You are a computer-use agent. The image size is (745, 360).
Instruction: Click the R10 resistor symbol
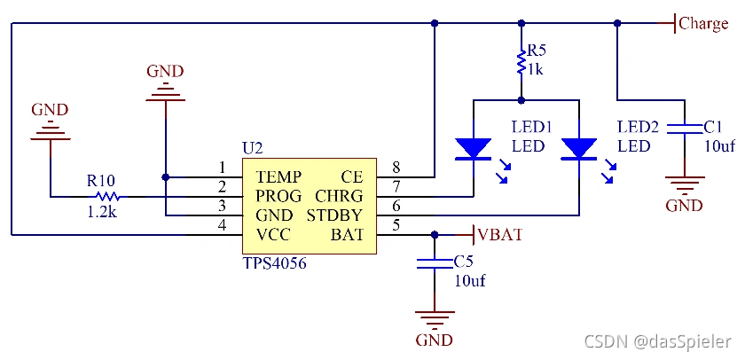tap(106, 196)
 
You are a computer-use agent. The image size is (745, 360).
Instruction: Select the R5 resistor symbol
tap(521, 62)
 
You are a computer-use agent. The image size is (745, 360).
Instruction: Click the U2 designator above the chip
tap(253, 147)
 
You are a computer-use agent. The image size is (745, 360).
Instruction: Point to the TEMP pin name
tap(278, 176)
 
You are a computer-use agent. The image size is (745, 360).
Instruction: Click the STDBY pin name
tap(335, 215)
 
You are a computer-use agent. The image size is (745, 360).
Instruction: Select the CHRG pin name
tap(339, 196)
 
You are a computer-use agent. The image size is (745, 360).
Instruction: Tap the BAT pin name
tap(347, 235)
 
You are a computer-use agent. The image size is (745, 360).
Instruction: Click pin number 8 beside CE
tap(396, 168)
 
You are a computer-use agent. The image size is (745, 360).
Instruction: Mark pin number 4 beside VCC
tap(223, 226)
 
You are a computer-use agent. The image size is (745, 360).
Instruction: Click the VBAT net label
tap(499, 235)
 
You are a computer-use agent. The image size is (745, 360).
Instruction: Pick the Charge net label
tap(703, 24)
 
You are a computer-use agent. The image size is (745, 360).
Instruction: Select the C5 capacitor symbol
tap(435, 263)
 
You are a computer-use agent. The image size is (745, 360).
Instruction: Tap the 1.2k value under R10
tap(104, 214)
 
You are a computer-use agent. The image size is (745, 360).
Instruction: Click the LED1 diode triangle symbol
tap(472, 148)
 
